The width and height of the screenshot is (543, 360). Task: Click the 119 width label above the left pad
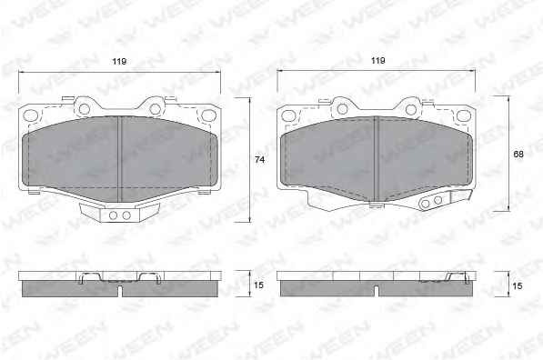[119, 62]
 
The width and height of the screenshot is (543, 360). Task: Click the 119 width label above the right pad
[378, 61]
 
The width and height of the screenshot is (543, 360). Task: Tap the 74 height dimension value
[260, 160]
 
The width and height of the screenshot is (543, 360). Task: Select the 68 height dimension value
[518, 155]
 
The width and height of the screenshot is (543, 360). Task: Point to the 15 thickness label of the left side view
[258, 285]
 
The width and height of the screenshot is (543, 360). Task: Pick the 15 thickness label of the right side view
[518, 286]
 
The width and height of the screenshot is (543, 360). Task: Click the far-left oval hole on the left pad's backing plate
[31, 115]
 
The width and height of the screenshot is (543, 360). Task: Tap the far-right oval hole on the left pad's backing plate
[208, 115]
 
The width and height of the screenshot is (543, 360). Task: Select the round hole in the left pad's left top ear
[85, 109]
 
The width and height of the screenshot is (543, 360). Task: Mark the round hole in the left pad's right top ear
[156, 109]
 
